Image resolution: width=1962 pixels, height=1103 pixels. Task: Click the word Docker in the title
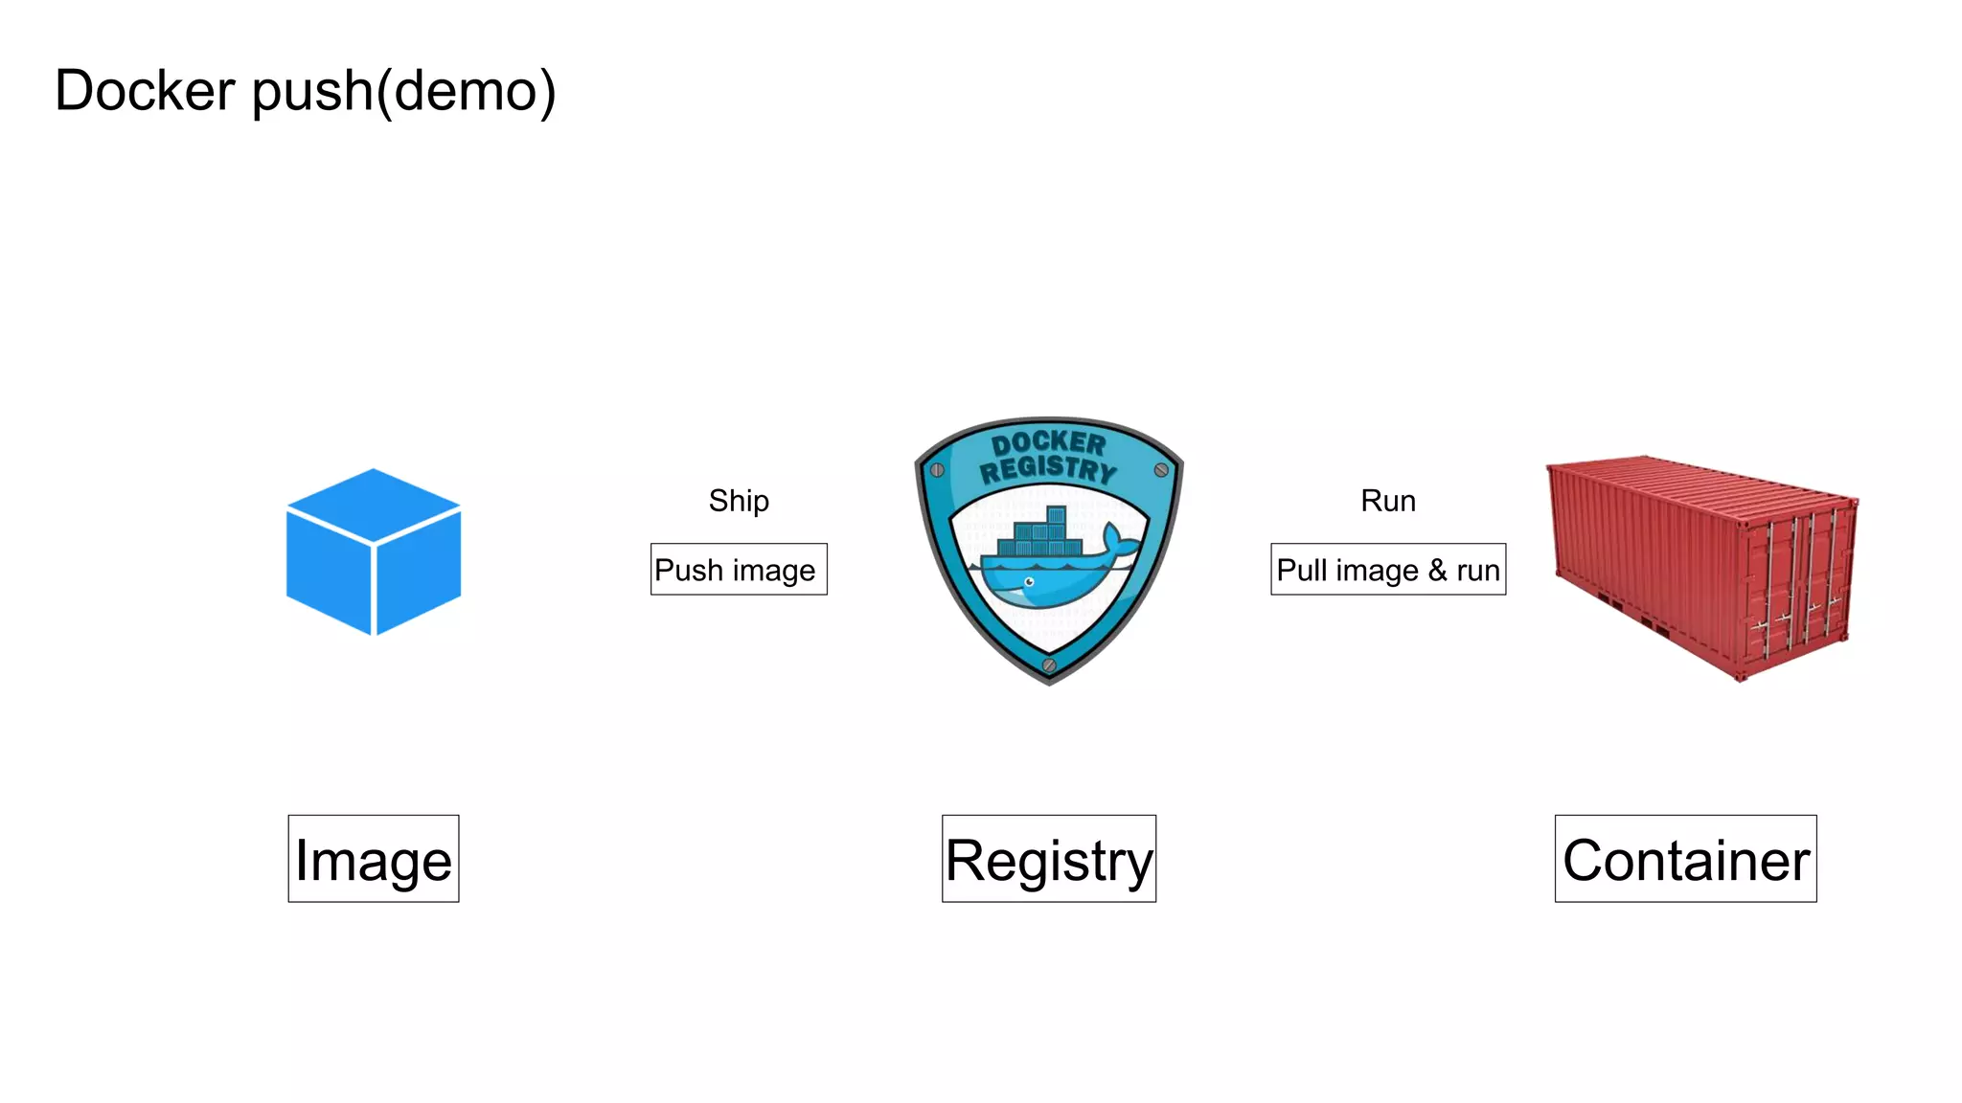pyautogui.click(x=145, y=91)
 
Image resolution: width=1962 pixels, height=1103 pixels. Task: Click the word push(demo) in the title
pyautogui.click(x=403, y=93)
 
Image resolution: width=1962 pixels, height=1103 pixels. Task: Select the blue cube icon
pyautogui.click(x=374, y=551)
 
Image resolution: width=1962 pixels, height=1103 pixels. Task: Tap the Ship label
pyautogui.click(x=739, y=501)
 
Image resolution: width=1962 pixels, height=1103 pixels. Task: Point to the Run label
pyautogui.click(x=1387, y=501)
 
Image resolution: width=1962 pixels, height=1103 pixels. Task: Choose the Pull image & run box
pyautogui.click(x=1387, y=570)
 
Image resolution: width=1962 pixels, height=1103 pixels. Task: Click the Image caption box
pyautogui.click(x=374, y=859)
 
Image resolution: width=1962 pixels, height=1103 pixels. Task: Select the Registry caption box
pyautogui.click(x=1048, y=859)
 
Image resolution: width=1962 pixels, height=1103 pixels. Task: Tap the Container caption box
pyautogui.click(x=1685, y=859)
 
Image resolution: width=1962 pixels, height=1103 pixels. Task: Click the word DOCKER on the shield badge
pyautogui.click(x=1048, y=443)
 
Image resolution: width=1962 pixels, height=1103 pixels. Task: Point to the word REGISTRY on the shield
pyautogui.click(x=1048, y=469)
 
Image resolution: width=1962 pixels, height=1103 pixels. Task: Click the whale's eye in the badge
pyautogui.click(x=1030, y=581)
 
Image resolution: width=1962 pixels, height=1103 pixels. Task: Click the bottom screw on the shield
pyautogui.click(x=1049, y=664)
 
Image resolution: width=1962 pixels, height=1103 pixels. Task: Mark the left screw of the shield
pyautogui.click(x=938, y=470)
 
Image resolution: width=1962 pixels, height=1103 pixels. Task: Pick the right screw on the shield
pyautogui.click(x=1161, y=470)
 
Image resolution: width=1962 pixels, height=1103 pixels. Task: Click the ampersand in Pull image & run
pyautogui.click(x=1437, y=570)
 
